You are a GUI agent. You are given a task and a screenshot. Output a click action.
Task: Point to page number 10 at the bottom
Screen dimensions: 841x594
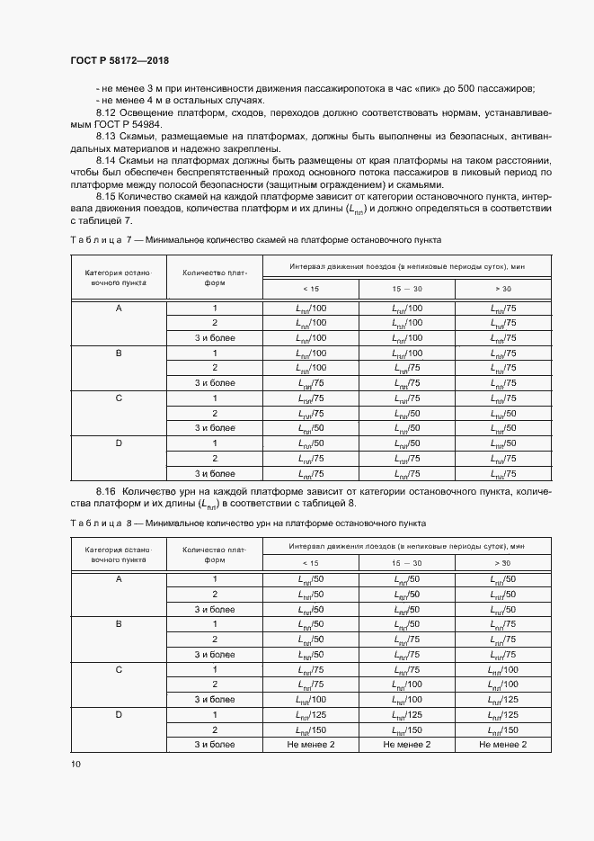(x=75, y=764)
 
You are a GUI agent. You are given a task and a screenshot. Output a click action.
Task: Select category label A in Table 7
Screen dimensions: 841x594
(x=119, y=308)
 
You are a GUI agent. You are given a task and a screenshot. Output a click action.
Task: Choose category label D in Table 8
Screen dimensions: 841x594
(x=119, y=715)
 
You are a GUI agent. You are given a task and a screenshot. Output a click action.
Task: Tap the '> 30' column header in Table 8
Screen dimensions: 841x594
(x=502, y=563)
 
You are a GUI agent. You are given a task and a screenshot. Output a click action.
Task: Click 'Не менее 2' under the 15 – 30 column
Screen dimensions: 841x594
(x=406, y=745)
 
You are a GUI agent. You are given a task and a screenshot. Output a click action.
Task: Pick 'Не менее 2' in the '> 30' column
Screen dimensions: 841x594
(x=502, y=745)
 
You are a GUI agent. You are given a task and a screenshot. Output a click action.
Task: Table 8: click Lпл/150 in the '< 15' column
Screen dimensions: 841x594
(x=310, y=729)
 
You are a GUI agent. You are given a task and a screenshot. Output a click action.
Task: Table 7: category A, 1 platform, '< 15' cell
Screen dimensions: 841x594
(x=310, y=308)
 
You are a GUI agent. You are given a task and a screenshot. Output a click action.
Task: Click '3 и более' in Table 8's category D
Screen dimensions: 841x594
(x=214, y=745)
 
